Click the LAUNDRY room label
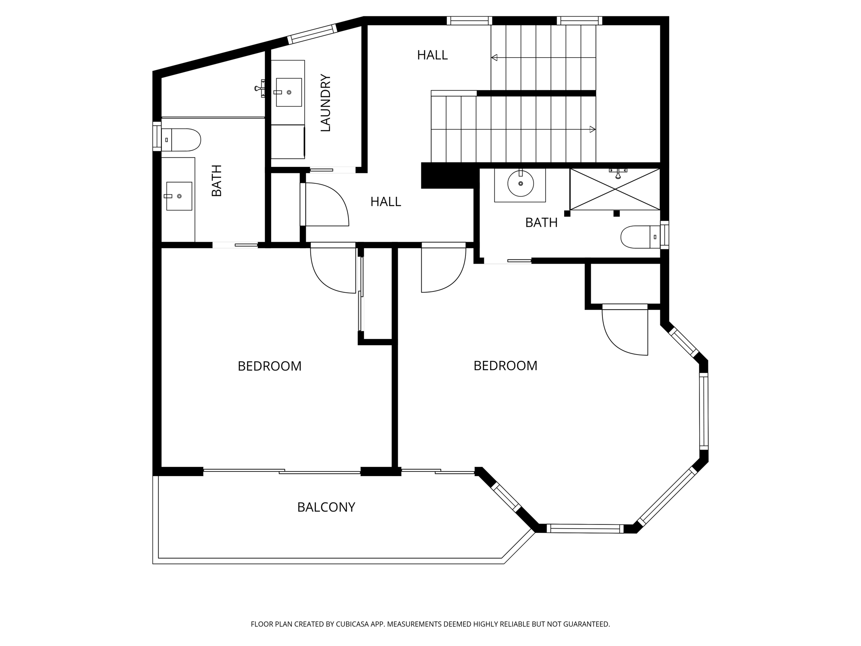(326, 103)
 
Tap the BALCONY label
(326, 507)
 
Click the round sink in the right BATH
(520, 183)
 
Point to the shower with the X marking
(615, 189)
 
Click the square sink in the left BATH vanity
(179, 196)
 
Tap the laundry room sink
(288, 92)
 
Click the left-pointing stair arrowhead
(494, 58)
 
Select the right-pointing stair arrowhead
(592, 129)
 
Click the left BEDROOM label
(269, 366)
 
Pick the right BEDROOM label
(505, 366)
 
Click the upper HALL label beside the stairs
(432, 55)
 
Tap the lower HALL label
(386, 202)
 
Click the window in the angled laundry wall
(312, 34)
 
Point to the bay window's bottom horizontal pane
(585, 529)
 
